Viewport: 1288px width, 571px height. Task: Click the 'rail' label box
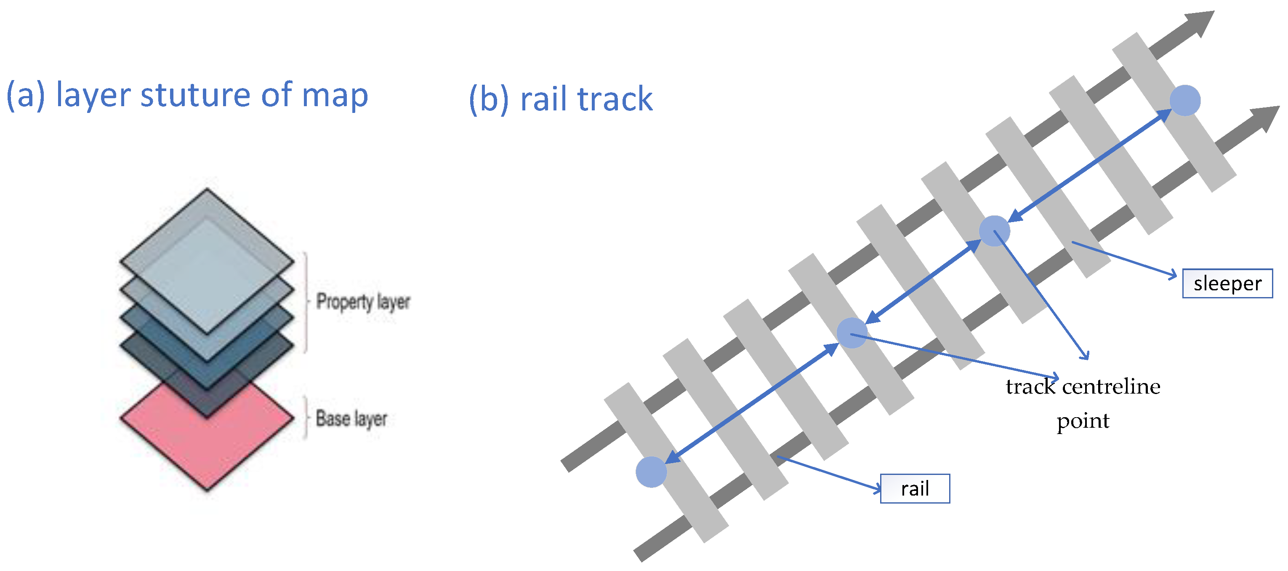915,488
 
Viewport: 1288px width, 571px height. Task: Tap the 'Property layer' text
363,302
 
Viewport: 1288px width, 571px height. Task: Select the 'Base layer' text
351,418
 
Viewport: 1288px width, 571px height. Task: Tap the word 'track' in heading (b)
615,99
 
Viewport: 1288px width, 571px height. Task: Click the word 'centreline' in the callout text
1110,387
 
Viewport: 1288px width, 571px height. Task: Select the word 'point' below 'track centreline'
1083,421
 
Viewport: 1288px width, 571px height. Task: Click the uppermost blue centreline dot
1184,101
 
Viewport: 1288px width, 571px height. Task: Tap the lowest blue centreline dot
651,472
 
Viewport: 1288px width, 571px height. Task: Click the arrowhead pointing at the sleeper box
1173,275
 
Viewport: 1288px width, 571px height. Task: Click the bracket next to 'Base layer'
306,418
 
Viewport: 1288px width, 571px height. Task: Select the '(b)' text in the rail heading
489,99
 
